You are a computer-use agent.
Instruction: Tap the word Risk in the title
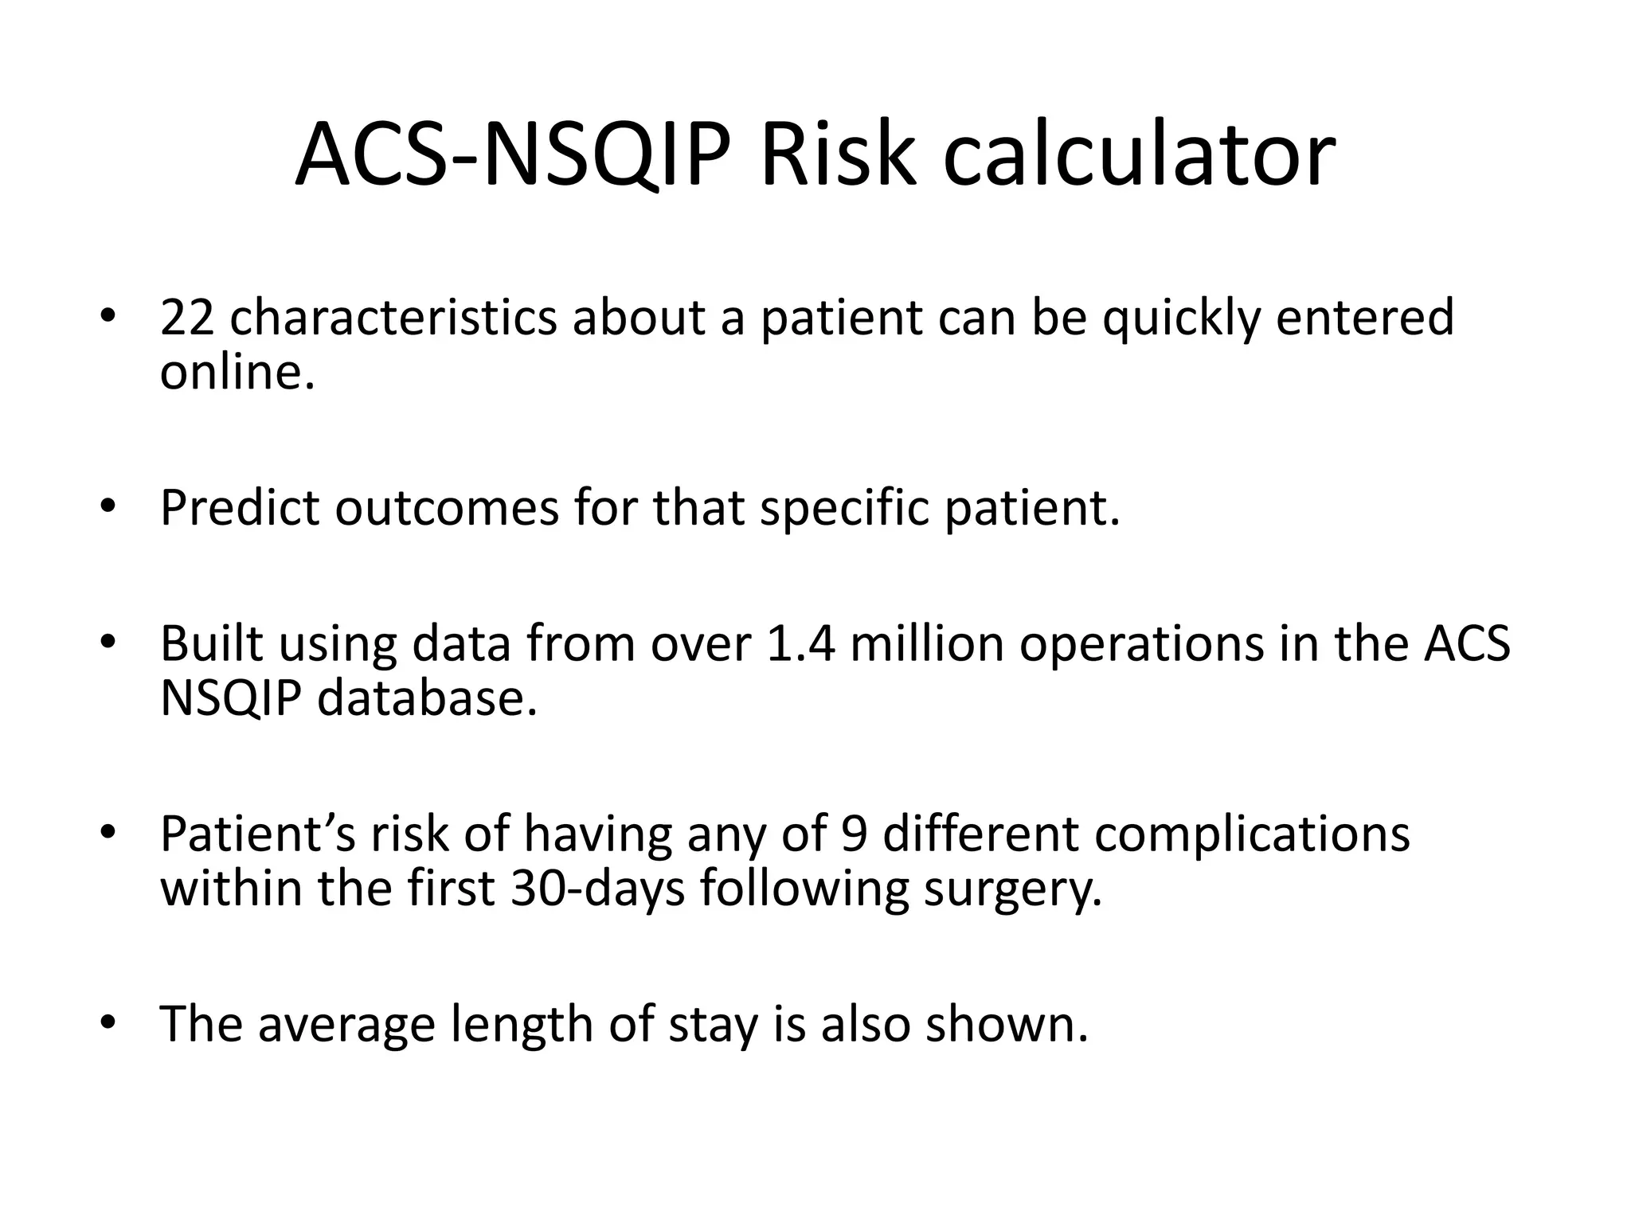[x=835, y=155]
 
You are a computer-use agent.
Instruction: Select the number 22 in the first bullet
[x=187, y=317]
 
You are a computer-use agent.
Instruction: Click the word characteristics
[x=393, y=317]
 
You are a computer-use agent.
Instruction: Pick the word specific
[x=844, y=510]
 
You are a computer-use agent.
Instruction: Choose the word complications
[x=1252, y=836]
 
